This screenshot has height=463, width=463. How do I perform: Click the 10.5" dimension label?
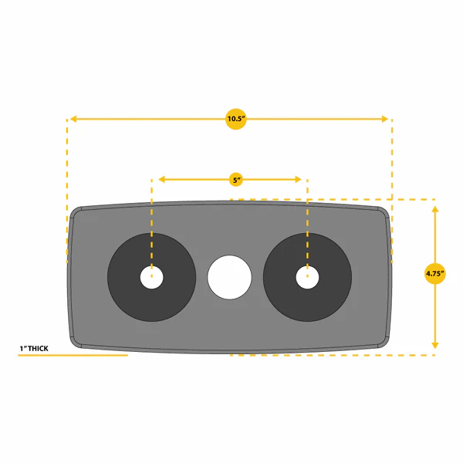[x=236, y=119]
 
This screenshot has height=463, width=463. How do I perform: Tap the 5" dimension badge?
[x=236, y=180]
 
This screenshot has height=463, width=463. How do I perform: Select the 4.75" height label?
[x=434, y=274]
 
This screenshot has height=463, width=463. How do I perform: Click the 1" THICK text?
[x=34, y=349]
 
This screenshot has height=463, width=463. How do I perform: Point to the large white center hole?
[x=229, y=277]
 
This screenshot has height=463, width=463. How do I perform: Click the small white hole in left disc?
[x=151, y=277]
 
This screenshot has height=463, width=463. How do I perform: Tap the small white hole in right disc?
[x=307, y=277]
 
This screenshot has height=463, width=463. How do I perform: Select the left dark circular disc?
[x=124, y=277]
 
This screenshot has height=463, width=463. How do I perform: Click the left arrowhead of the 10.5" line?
[x=73, y=119]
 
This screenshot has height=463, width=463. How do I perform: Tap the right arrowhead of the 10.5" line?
[x=385, y=119]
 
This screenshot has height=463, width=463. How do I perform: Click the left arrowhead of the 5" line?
[x=161, y=179]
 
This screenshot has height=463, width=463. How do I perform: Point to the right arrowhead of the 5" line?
[x=298, y=179]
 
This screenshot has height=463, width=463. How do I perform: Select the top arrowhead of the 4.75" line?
[x=434, y=209]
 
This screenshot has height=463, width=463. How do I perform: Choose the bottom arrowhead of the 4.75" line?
[x=434, y=345]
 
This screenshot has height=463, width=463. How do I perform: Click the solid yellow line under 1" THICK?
[x=73, y=355]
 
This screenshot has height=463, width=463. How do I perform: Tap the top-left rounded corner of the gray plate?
[x=76, y=212]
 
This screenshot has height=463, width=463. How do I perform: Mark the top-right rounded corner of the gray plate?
[x=384, y=212]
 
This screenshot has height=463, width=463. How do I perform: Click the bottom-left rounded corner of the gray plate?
[x=76, y=342]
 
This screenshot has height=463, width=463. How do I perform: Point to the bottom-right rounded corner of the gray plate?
[x=384, y=342]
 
